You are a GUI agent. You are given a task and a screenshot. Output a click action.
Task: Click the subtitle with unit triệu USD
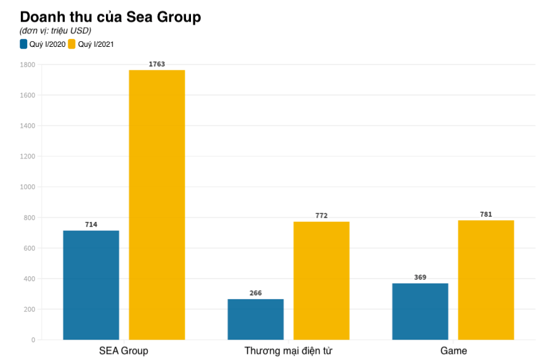pos(55,31)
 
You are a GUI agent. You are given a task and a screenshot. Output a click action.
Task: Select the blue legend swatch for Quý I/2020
pos(23,44)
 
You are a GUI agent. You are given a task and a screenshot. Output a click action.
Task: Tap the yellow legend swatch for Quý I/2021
pos(71,44)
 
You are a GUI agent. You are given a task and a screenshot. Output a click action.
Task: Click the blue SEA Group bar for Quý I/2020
pos(91,285)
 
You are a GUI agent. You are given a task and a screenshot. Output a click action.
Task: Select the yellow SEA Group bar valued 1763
pos(156,205)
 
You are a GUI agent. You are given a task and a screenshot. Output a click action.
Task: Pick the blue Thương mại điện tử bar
pos(256,319)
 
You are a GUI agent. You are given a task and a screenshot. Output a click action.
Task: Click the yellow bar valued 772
pos(321,280)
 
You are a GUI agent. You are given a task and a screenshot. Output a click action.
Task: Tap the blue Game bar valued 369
pos(420,311)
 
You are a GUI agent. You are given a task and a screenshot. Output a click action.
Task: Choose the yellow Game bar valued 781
pos(485,280)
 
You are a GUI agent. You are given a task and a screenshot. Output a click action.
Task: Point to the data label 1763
pos(156,64)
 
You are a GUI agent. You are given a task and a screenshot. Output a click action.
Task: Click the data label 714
pos(91,225)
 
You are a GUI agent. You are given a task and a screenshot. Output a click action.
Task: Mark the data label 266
pos(256,293)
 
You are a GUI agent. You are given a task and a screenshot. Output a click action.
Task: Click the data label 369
pos(420,277)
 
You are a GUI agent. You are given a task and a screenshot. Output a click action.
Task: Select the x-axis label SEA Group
pos(124,351)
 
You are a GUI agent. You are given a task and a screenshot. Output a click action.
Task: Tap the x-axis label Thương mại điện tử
pos(288,351)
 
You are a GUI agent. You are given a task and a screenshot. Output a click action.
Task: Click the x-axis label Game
pos(453,351)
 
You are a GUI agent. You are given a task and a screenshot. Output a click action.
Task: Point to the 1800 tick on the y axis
pos(27,65)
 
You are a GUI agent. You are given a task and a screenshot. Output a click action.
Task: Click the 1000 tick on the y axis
pos(27,187)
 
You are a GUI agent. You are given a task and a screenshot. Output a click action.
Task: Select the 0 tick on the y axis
pos(33,340)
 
